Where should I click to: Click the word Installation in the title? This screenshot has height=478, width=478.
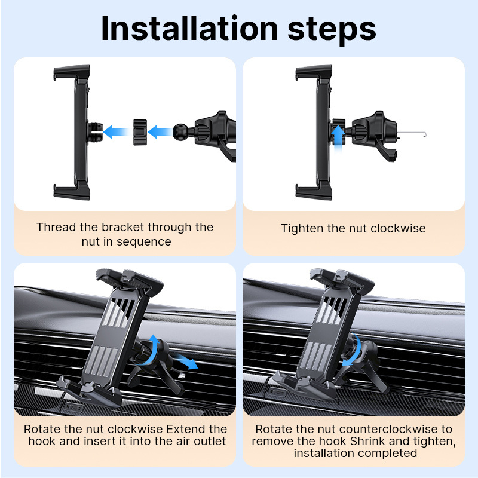[x=189, y=28]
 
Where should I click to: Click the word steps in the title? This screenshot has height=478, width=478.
[x=332, y=30]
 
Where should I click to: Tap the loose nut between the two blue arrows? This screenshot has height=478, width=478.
[x=140, y=132]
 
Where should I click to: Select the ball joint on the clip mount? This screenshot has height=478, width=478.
[x=180, y=131]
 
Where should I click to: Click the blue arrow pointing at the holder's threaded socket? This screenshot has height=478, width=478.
[x=116, y=131]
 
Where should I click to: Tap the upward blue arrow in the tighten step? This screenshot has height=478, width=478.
[x=338, y=138]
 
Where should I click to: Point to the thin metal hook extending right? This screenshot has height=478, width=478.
[x=412, y=133]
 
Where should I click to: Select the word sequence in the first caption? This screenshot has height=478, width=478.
[x=143, y=242]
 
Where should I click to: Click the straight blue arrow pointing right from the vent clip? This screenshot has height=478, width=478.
[x=185, y=361]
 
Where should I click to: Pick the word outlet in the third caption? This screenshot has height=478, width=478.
[x=210, y=441]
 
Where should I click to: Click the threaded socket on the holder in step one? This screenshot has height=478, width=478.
[x=95, y=132]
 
